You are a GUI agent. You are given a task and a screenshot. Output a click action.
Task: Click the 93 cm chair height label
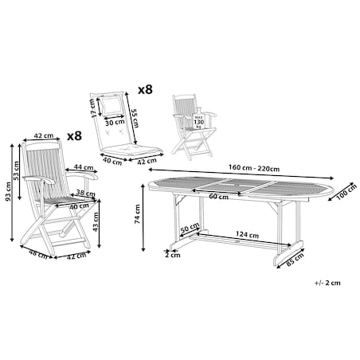pyautogui.click(x=9, y=191)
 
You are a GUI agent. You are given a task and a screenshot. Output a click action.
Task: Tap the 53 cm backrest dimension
pyautogui.click(x=17, y=171)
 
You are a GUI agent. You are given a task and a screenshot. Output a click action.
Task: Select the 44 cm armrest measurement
pyautogui.click(x=84, y=167)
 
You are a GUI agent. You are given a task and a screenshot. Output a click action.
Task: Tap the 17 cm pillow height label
pyautogui.click(x=92, y=108)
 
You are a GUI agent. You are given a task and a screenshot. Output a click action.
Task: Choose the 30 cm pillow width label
pyautogui.click(x=115, y=123)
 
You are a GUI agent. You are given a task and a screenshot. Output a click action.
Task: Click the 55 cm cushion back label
pyautogui.click(x=135, y=118)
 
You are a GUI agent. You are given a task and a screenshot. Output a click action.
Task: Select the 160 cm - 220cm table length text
pyautogui.click(x=254, y=168)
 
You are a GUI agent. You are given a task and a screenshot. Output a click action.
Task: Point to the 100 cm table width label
pyautogui.click(x=346, y=192)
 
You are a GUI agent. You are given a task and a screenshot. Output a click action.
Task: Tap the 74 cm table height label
pyautogui.click(x=138, y=214)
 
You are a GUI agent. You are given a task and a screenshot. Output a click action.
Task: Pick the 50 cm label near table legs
pyautogui.click(x=190, y=227)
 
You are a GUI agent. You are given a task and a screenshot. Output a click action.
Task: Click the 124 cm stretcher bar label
pyautogui.click(x=247, y=235)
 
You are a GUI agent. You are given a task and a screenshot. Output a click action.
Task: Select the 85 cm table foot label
pyautogui.click(x=295, y=260)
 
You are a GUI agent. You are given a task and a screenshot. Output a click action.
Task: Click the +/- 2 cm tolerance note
pyautogui.click(x=327, y=283)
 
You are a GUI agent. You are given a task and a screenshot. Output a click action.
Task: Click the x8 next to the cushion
pyautogui.click(x=145, y=90)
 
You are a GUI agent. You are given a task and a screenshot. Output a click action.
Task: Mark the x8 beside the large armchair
pyautogui.click(x=74, y=136)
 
